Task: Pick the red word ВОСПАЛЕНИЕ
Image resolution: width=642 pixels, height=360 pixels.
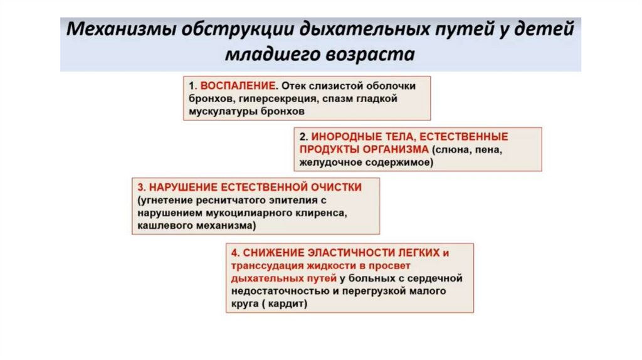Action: coord(234,86)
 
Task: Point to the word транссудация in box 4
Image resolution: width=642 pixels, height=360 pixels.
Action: coord(260,265)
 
